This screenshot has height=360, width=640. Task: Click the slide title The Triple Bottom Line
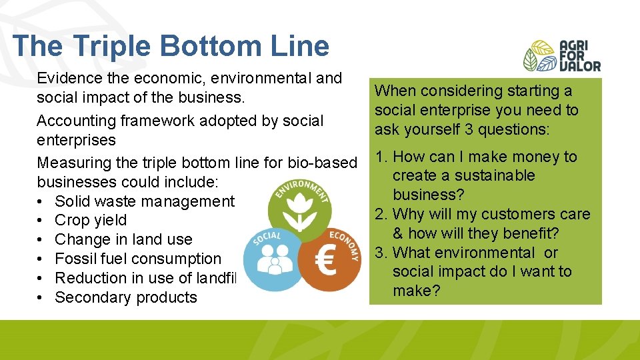pyautogui.click(x=171, y=46)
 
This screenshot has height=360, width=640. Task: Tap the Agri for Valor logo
pyautogui.click(x=561, y=55)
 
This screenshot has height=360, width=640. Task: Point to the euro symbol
pyautogui.click(x=326, y=262)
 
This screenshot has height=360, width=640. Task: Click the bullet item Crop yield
pyautogui.click(x=90, y=221)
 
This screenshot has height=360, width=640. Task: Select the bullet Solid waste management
pyautogui.click(x=144, y=201)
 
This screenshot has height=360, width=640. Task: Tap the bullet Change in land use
pyautogui.click(x=123, y=239)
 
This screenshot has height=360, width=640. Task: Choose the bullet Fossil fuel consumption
pyautogui.click(x=137, y=259)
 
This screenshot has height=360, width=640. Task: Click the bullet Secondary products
pyautogui.click(x=125, y=297)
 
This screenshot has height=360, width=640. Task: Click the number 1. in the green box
pyautogui.click(x=382, y=157)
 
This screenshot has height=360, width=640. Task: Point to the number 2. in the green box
pyautogui.click(x=382, y=215)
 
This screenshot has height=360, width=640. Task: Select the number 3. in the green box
pyautogui.click(x=382, y=253)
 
